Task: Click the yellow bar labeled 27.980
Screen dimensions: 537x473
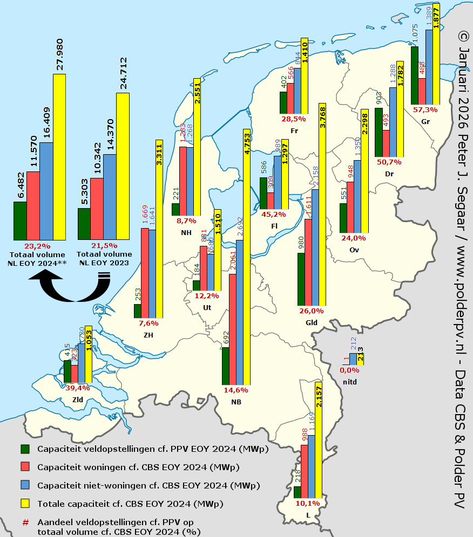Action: click(59, 156)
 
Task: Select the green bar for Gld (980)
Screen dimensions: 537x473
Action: click(301, 279)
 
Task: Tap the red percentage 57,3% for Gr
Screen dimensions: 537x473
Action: click(425, 110)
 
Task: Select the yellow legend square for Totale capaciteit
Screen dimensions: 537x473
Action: click(25, 504)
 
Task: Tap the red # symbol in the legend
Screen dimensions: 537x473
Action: click(25, 522)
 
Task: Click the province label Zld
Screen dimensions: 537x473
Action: click(78, 400)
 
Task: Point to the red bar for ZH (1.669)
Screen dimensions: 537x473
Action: click(145, 273)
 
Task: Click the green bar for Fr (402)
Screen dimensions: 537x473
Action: click(283, 102)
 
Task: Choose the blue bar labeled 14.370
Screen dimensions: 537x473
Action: click(110, 197)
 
